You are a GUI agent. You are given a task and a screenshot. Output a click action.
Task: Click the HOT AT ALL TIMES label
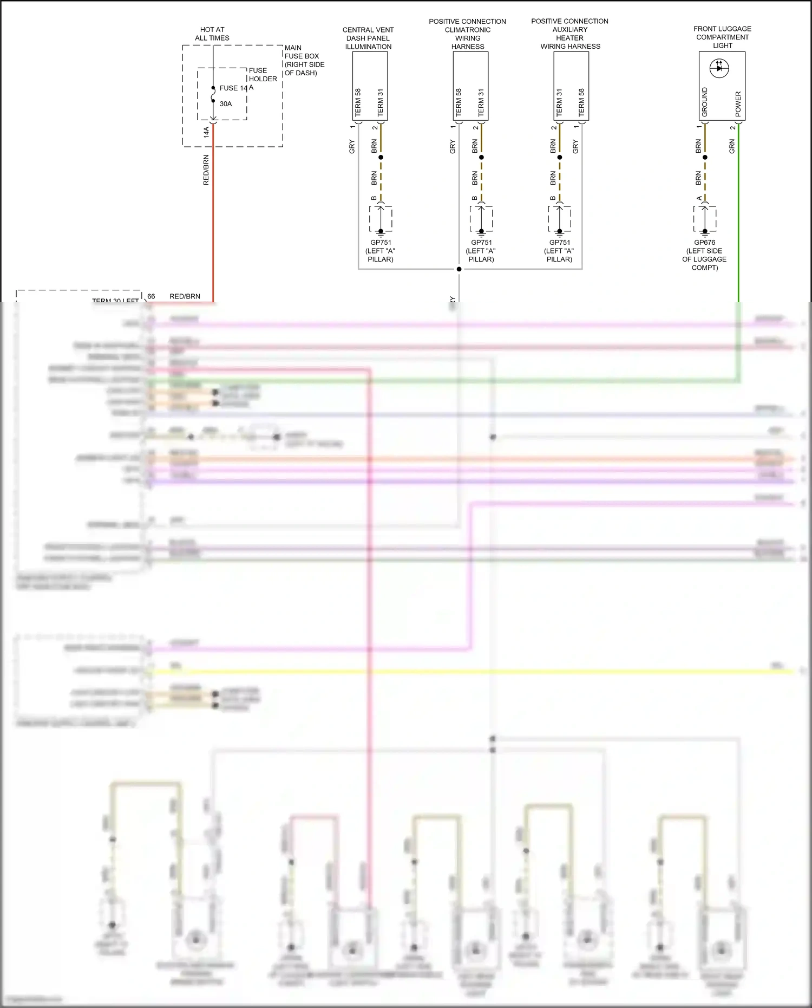[x=212, y=34]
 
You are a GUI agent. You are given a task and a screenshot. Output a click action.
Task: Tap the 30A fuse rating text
[x=226, y=104]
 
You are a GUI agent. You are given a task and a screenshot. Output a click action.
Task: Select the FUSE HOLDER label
[x=263, y=75]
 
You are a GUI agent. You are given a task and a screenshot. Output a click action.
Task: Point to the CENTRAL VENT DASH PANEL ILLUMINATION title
[x=368, y=38]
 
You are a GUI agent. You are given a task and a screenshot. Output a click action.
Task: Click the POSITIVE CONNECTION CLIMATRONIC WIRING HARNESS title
[x=468, y=34]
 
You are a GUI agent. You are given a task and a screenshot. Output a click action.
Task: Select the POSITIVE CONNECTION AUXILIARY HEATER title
[x=570, y=34]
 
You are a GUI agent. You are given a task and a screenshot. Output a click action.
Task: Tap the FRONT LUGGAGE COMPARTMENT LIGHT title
[x=722, y=37]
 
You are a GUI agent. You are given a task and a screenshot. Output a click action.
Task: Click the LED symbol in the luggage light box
[x=719, y=68]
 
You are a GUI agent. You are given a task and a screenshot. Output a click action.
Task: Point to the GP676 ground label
[x=705, y=243]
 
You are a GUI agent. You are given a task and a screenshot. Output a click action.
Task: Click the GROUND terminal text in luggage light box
[x=705, y=102]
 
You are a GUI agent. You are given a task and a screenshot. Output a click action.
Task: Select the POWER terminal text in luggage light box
[x=738, y=104]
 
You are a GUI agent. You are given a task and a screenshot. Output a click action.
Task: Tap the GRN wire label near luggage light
[x=732, y=146]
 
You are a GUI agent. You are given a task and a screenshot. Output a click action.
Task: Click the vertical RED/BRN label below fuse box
[x=206, y=170]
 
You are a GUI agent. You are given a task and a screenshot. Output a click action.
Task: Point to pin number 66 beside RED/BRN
[x=151, y=296]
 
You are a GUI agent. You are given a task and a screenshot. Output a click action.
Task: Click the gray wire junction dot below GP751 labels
[x=459, y=269]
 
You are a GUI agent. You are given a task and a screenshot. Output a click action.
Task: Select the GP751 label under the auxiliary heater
[x=560, y=243]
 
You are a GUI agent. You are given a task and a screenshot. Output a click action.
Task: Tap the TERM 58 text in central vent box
[x=358, y=102]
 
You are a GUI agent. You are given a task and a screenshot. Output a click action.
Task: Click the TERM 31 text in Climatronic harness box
[x=481, y=102]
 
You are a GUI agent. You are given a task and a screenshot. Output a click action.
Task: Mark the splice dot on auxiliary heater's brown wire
[x=560, y=158]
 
